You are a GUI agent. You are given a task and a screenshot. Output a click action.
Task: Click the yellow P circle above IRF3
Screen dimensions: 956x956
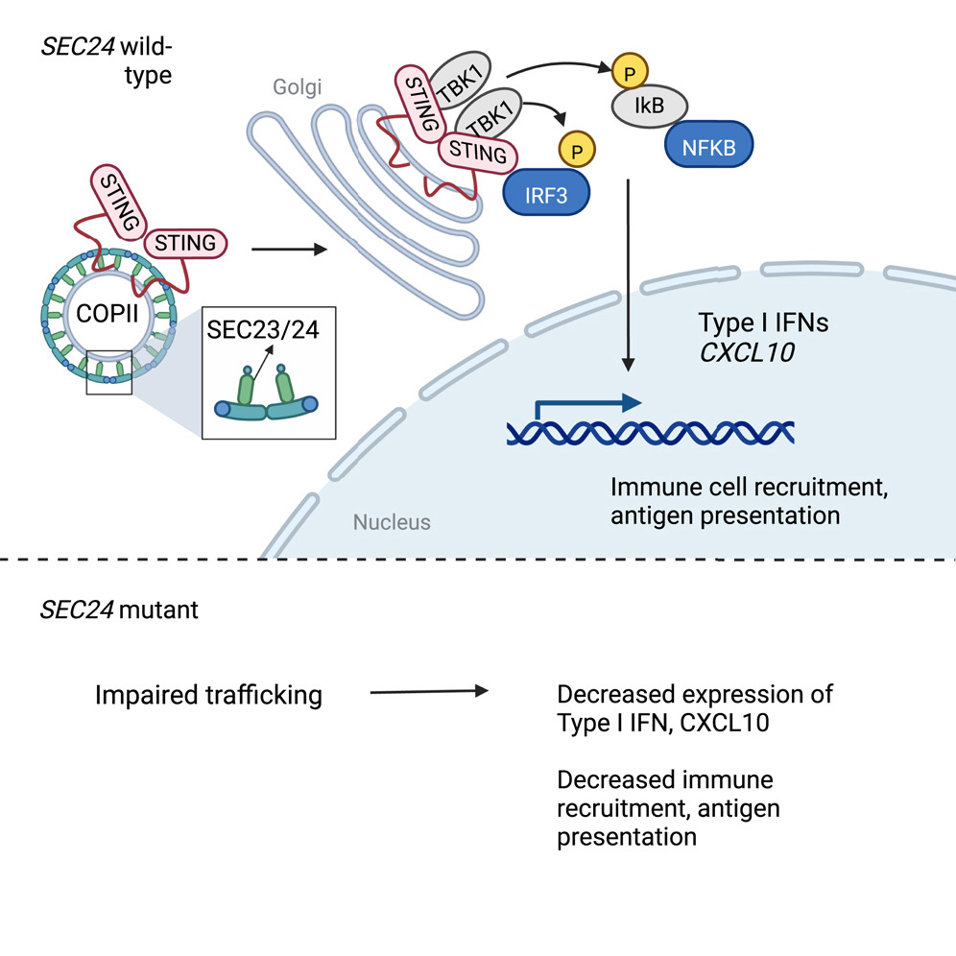tap(576, 150)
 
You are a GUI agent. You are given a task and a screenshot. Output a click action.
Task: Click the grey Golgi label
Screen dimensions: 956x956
tap(295, 87)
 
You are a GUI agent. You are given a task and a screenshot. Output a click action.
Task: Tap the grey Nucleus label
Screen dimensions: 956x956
tap(392, 523)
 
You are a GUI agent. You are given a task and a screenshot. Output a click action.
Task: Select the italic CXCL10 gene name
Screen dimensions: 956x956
tap(743, 352)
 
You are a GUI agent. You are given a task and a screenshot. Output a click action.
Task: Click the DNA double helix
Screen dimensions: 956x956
tap(651, 432)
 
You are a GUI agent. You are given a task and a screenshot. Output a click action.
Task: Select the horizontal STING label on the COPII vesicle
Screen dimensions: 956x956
tap(185, 243)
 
